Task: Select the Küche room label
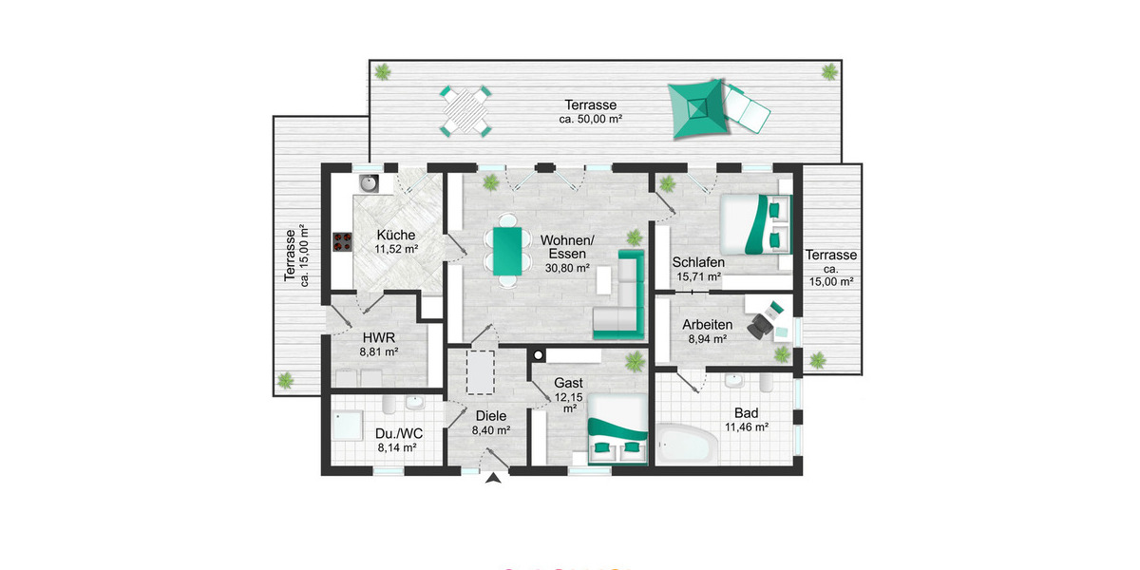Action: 394,236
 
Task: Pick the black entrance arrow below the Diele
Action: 493,479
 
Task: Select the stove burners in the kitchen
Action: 340,243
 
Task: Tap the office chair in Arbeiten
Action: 761,324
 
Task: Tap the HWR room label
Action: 378,337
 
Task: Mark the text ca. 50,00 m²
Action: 590,120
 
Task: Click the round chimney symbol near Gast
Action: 538,356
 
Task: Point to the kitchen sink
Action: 368,180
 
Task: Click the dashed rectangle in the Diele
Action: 482,371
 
